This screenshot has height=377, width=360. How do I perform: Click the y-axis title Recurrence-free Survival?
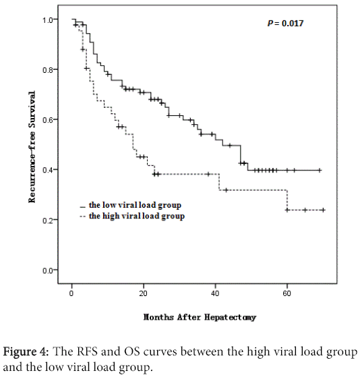pyautogui.click(x=32, y=145)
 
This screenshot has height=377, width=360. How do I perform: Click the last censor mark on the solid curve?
pyautogui.click(x=320, y=170)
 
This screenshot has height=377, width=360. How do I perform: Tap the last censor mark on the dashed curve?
pyautogui.click(x=323, y=210)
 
